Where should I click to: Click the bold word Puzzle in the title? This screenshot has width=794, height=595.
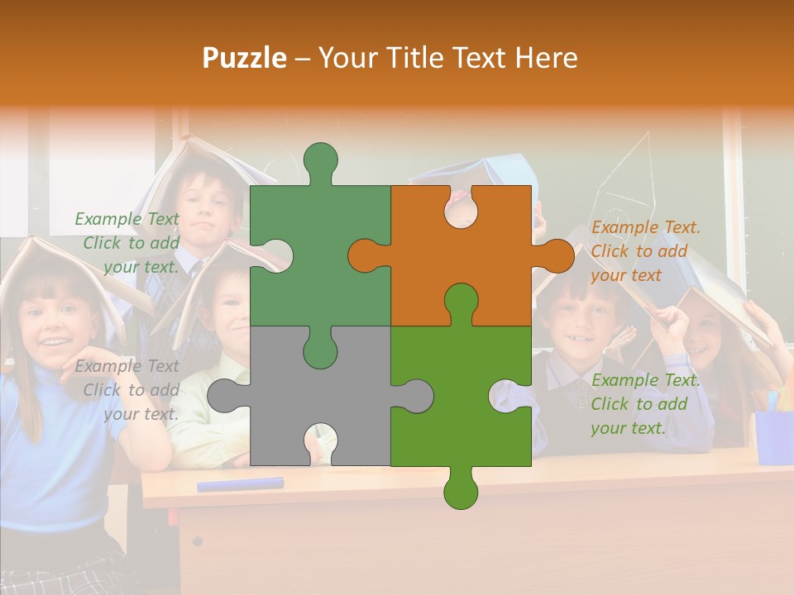pos(245,58)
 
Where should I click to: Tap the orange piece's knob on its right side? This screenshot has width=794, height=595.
pos(556,255)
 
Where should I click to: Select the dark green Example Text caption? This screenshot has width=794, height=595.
pos(127,243)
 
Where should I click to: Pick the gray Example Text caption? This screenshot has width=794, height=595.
pos(127,390)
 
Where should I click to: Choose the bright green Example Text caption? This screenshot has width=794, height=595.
pos(645,404)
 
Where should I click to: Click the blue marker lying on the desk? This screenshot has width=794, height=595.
pos(240,484)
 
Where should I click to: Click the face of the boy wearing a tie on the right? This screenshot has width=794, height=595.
pos(584,318)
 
